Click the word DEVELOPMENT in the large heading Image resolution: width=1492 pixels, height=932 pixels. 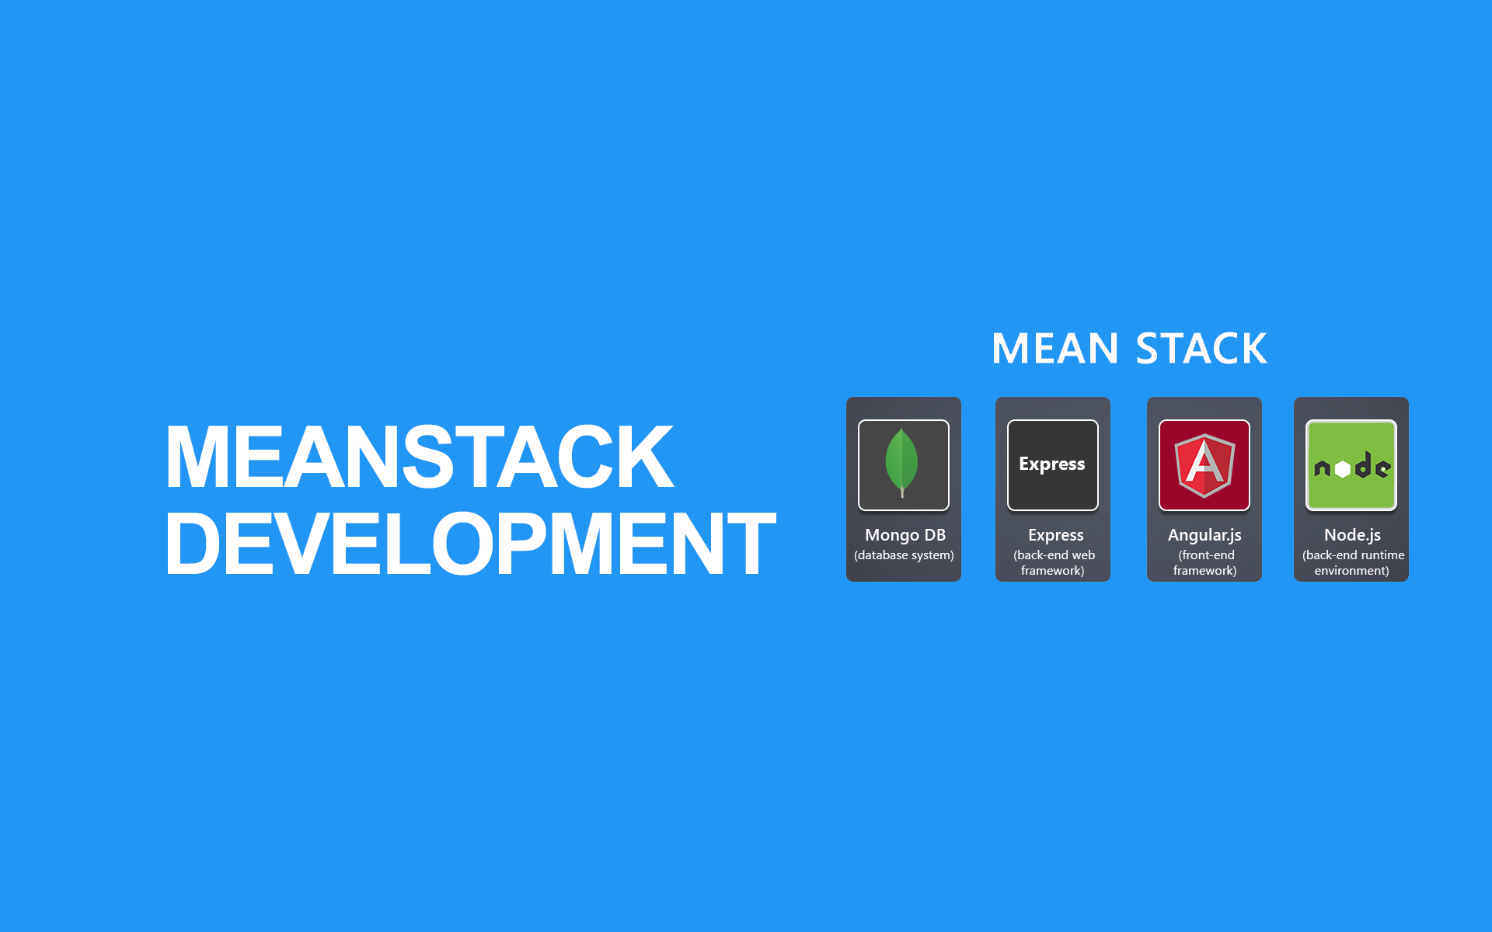470,544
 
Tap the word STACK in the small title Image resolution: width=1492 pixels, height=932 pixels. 1201,349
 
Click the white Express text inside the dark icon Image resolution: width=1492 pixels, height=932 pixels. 1052,464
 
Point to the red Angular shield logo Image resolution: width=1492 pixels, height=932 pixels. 1204,465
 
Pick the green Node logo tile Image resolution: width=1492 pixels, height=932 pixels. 1351,465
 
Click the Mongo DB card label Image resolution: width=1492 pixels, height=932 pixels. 905,535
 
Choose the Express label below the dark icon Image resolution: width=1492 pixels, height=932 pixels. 1055,535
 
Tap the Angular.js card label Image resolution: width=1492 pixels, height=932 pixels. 1204,535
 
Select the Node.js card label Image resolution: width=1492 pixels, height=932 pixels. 1352,535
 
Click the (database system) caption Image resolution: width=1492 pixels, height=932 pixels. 904,555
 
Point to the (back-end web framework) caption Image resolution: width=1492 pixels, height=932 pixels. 1053,563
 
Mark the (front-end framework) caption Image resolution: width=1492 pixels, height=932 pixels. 1204,563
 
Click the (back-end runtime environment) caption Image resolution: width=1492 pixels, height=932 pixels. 1352,563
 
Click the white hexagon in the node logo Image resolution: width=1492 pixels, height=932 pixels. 1342,469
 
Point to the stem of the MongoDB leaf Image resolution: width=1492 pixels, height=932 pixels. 902,492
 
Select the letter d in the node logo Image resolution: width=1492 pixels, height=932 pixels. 1363,465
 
